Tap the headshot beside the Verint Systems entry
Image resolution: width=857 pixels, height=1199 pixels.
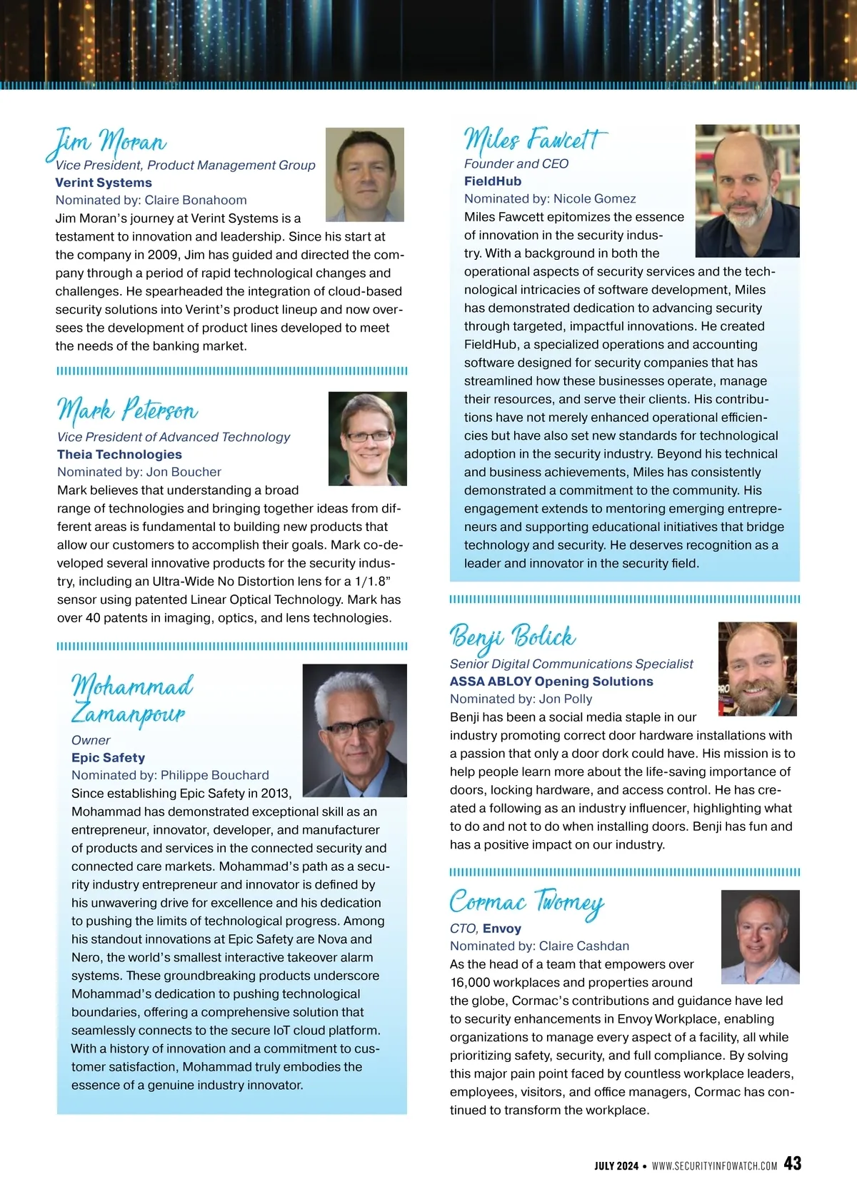(x=364, y=175)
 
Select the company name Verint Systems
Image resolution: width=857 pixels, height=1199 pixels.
(x=104, y=183)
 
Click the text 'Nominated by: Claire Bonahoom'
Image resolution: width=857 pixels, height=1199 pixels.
(x=151, y=201)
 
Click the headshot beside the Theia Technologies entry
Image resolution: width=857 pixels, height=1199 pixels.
(x=367, y=439)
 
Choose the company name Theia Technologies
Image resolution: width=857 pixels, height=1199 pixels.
(x=119, y=455)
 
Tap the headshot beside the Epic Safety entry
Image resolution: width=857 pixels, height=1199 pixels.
(x=354, y=731)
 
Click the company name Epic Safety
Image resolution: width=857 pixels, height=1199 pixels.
(x=108, y=758)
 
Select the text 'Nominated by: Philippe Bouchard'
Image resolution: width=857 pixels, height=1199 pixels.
(x=170, y=776)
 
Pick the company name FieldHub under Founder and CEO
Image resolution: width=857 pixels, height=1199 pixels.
(x=493, y=181)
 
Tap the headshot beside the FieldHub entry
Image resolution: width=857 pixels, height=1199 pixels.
(x=746, y=191)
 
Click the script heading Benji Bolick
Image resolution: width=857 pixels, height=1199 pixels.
(x=512, y=636)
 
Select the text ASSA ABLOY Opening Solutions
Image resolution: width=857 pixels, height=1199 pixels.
(x=551, y=682)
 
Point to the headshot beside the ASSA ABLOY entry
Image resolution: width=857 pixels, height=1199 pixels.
(x=757, y=669)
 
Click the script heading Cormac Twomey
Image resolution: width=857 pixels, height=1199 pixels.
(x=526, y=902)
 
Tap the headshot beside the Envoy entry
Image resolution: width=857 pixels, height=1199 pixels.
(x=760, y=937)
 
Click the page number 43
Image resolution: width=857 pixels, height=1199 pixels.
(x=792, y=1163)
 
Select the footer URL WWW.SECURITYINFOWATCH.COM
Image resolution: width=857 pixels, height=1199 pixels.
(x=714, y=1165)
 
